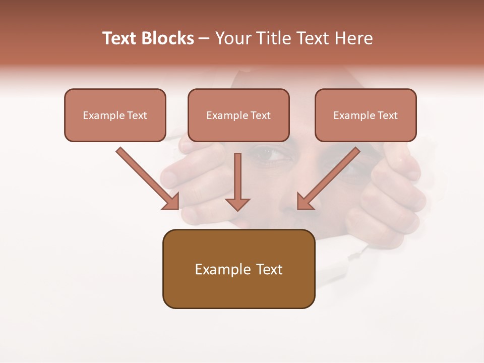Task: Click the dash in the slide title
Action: click(204, 38)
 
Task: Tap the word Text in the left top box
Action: click(137, 115)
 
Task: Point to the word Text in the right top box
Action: click(388, 115)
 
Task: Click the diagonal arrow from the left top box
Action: click(149, 179)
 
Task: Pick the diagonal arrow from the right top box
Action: click(328, 179)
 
